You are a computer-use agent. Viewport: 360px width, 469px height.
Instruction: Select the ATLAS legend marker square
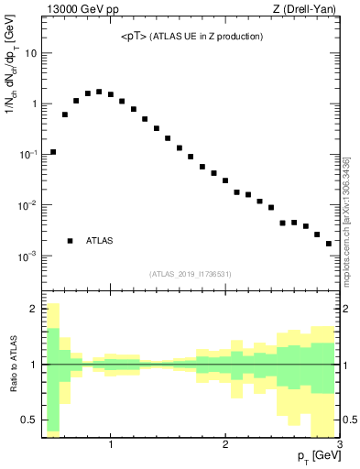tap(70, 241)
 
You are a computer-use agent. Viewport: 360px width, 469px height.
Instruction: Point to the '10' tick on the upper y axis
tap(29, 53)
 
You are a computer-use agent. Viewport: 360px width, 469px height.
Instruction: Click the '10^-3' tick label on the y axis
tap(27, 256)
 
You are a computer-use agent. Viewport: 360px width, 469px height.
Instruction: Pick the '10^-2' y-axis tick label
tap(27, 205)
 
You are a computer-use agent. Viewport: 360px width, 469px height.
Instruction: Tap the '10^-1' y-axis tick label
tap(27, 155)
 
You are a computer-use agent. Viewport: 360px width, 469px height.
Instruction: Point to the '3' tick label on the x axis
tap(339, 445)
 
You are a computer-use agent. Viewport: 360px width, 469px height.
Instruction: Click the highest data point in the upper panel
tap(99, 92)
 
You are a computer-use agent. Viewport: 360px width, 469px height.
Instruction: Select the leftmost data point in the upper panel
tap(53, 152)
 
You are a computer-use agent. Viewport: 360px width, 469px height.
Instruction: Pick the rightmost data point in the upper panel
tap(329, 244)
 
